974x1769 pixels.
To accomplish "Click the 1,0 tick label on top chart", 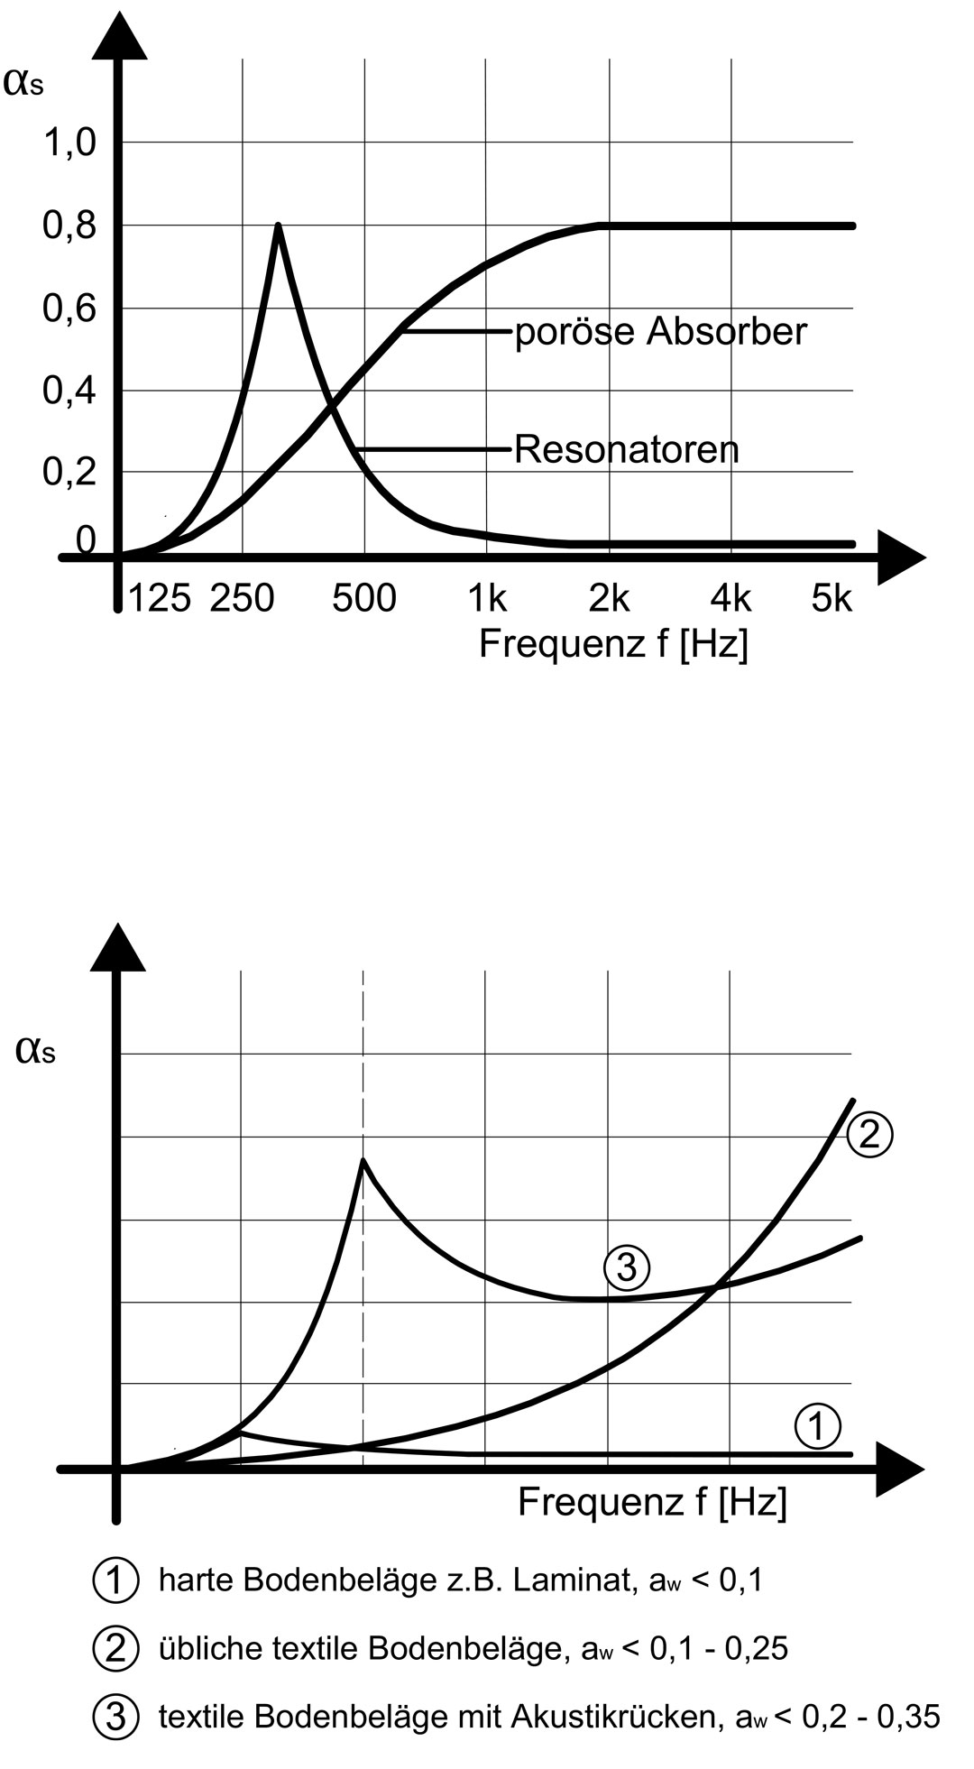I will (x=69, y=143).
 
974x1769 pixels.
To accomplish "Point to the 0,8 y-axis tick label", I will (x=69, y=226).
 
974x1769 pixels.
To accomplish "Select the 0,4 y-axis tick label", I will (x=69, y=392).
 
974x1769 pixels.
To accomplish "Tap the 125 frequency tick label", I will (x=160, y=598).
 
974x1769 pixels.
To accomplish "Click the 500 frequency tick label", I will (x=364, y=598).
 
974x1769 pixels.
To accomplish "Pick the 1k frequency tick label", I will (x=487, y=598).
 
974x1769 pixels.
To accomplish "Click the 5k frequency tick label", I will (x=831, y=598).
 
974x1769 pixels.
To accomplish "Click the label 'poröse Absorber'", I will (x=660, y=332).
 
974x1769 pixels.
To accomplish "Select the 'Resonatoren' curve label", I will (x=626, y=449).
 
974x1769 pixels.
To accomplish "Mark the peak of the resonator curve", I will (x=278, y=226).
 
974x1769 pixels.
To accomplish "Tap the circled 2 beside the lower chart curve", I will (x=869, y=1133).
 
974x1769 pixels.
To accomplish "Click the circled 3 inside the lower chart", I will (x=626, y=1267).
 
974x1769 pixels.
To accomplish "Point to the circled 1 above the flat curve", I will (x=817, y=1425).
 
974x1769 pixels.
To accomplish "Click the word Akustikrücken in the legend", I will (x=617, y=1717).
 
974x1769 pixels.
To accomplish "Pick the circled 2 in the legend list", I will (x=115, y=1648).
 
